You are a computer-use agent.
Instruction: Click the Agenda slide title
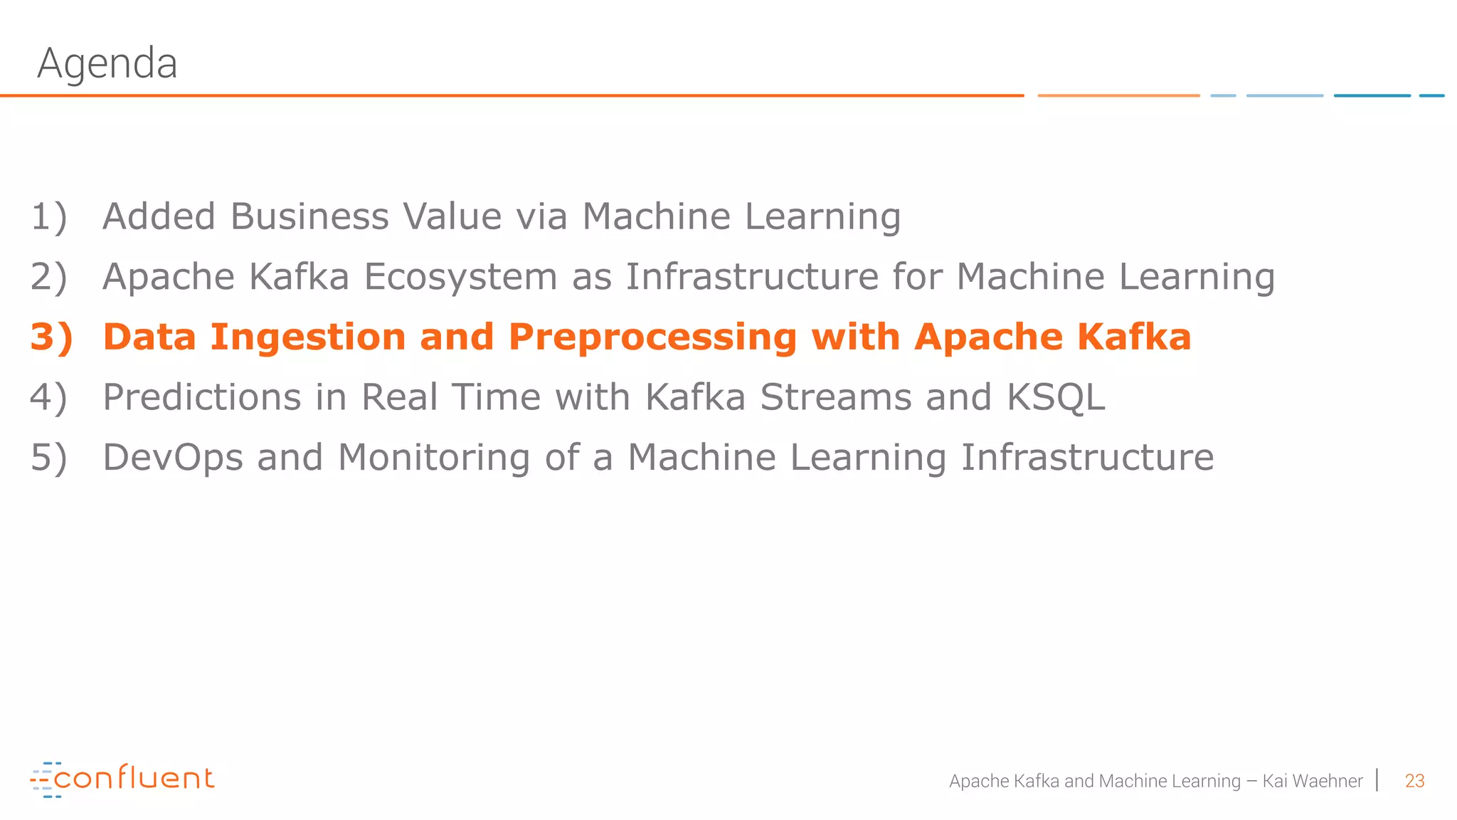pyautogui.click(x=107, y=63)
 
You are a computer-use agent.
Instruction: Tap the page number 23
pyautogui.click(x=1414, y=781)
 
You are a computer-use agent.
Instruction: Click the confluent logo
pyautogui.click(x=122, y=779)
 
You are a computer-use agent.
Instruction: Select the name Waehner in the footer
pyautogui.click(x=1327, y=781)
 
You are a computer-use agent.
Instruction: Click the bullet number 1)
pyautogui.click(x=49, y=216)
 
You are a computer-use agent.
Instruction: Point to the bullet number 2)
pyautogui.click(x=49, y=277)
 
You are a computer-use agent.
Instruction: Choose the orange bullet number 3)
pyautogui.click(x=51, y=337)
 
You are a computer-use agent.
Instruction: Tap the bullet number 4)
pyautogui.click(x=49, y=397)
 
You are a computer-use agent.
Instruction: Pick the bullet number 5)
pyautogui.click(x=49, y=457)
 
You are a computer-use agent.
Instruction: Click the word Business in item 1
pyautogui.click(x=309, y=216)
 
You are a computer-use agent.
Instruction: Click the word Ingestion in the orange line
pyautogui.click(x=307, y=337)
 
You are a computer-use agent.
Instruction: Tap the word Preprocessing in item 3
pyautogui.click(x=652, y=338)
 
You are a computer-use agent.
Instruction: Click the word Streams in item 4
pyautogui.click(x=836, y=397)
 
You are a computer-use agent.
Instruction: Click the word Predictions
pyautogui.click(x=202, y=397)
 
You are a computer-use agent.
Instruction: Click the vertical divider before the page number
pyautogui.click(x=1378, y=780)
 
